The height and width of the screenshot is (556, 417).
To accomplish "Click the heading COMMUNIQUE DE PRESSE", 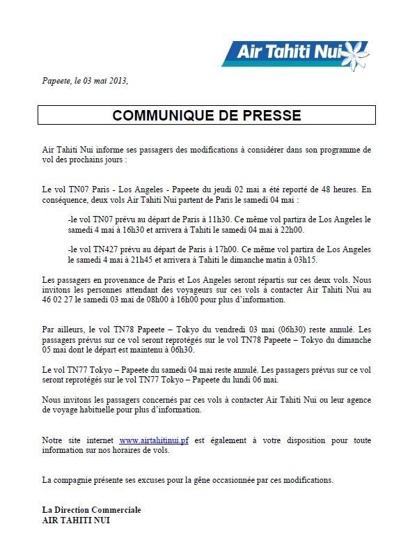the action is [207, 115].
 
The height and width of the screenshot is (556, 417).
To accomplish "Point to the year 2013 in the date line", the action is [116, 80].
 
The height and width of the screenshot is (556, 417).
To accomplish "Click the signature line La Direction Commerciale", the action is [92, 509].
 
